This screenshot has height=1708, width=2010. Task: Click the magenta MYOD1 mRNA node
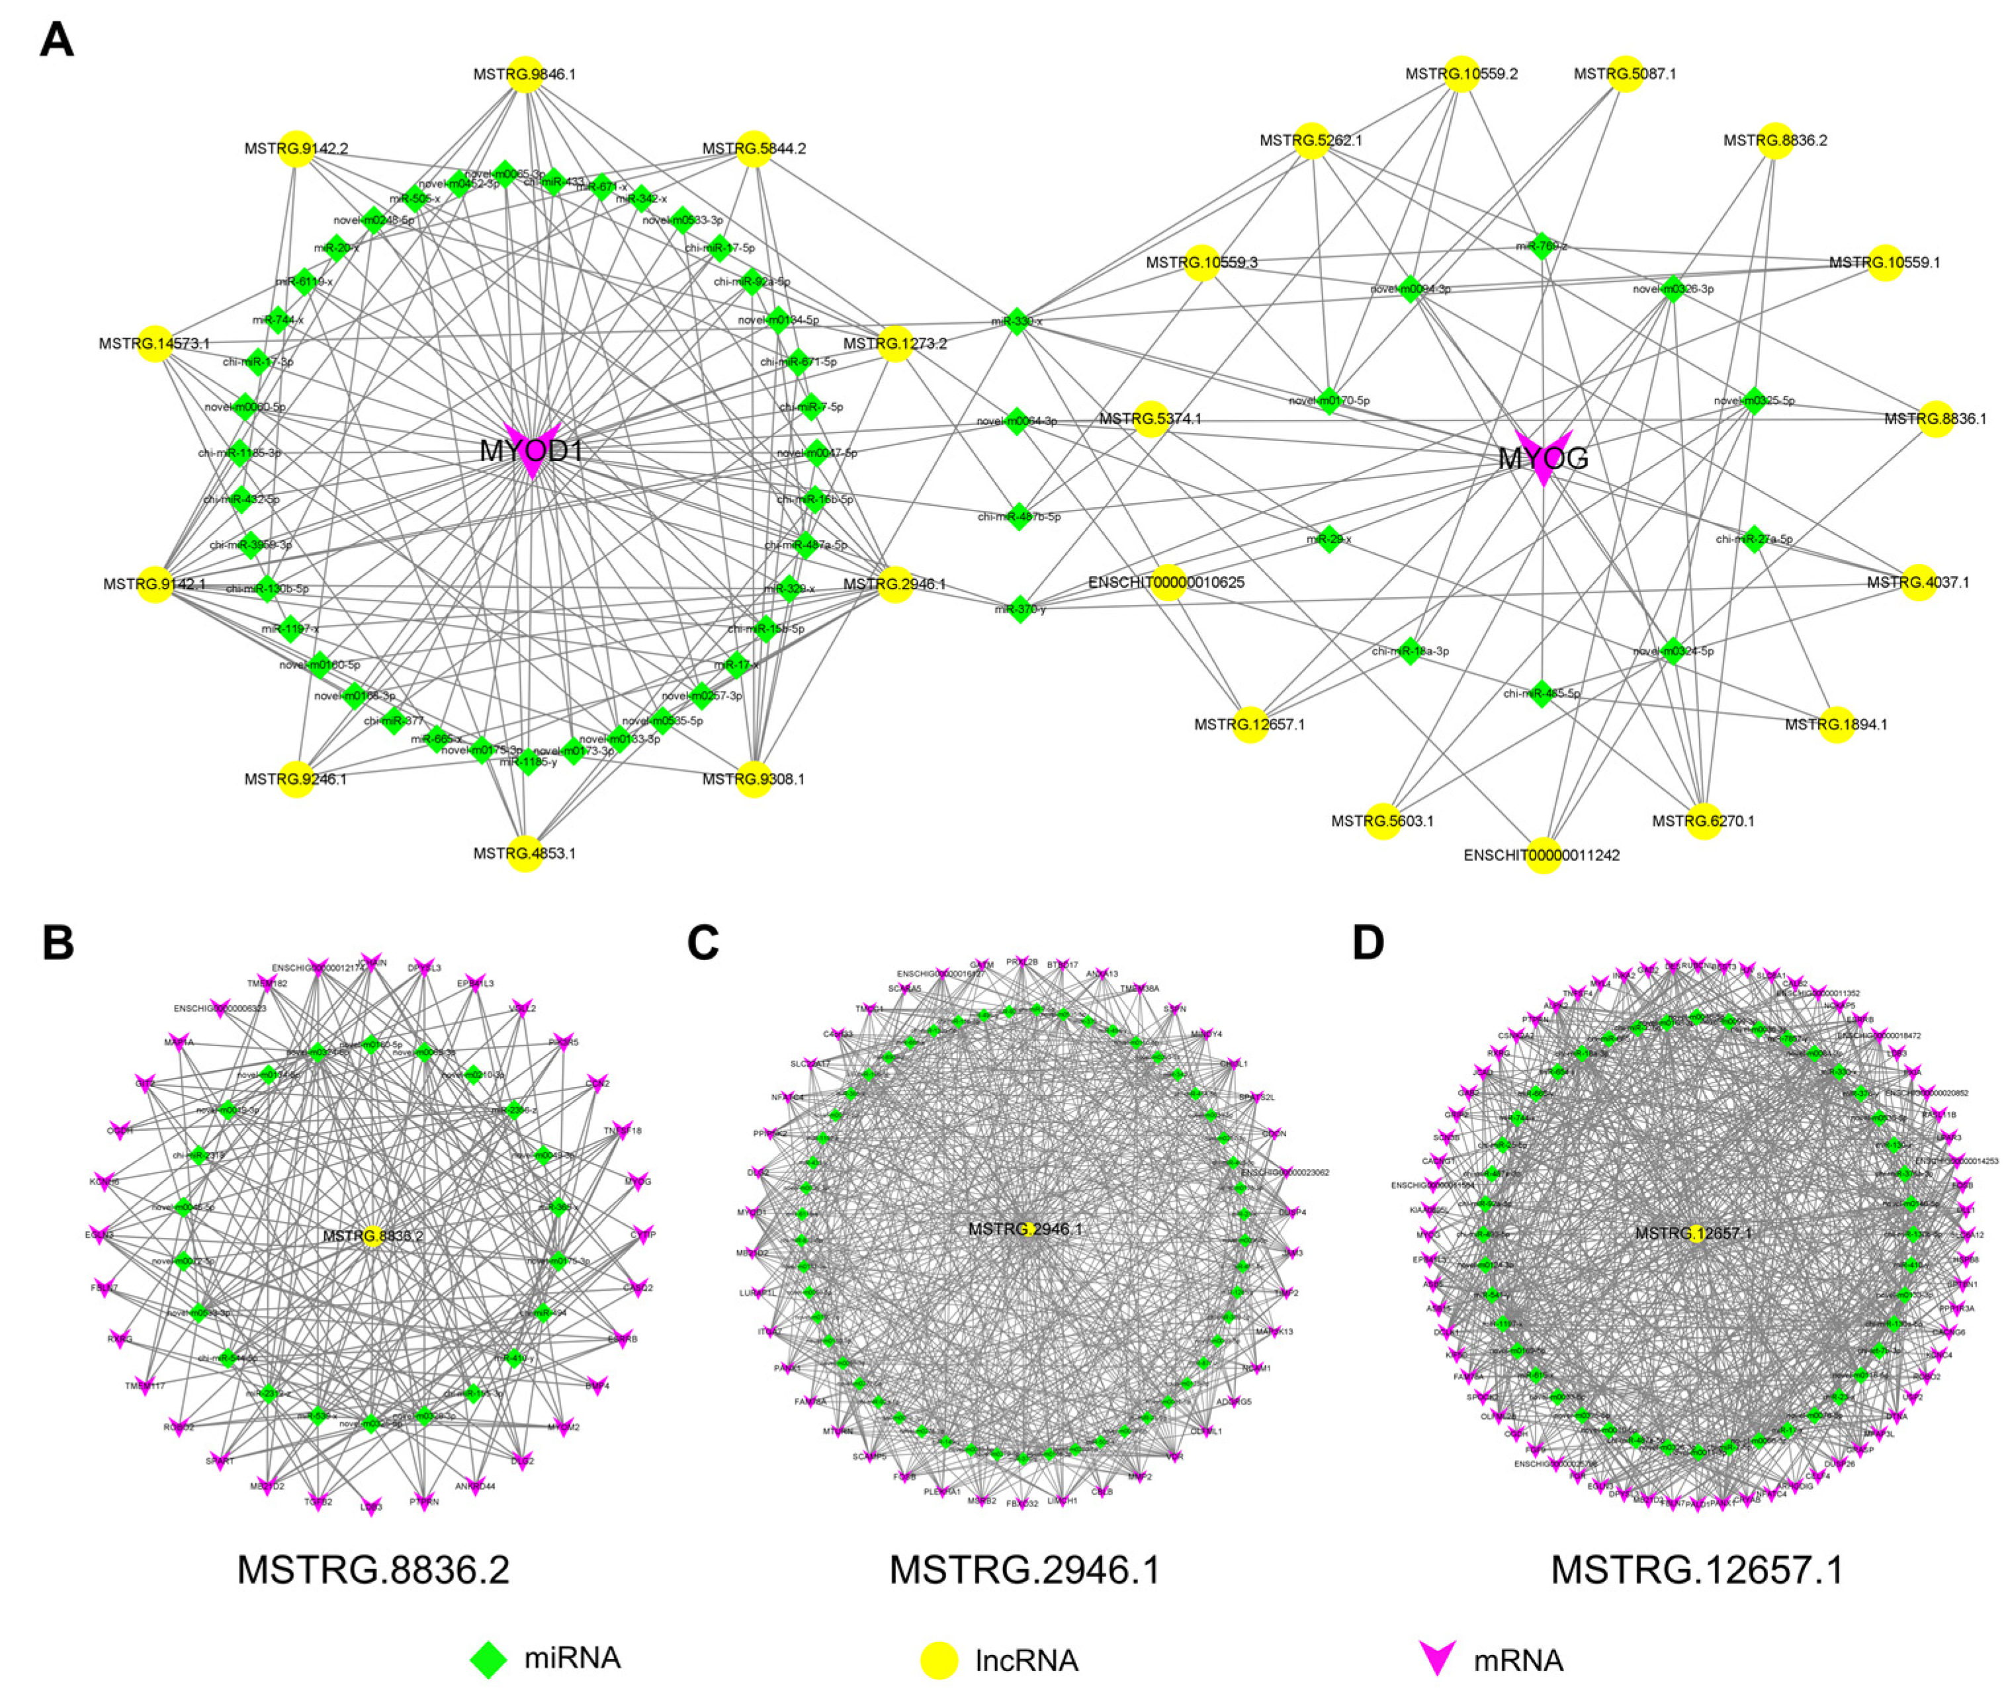[x=532, y=450]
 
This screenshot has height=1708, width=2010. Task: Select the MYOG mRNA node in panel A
[x=1542, y=458]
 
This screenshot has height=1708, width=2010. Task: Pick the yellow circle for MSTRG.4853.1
[x=524, y=853]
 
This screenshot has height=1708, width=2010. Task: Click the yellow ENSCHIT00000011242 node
[x=1542, y=855]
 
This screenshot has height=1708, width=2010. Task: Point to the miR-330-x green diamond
[x=1016, y=321]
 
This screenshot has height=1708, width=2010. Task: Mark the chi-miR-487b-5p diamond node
[x=1019, y=516]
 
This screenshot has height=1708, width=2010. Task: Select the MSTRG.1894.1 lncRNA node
[x=1835, y=724]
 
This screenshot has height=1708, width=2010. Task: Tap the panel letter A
[x=57, y=41]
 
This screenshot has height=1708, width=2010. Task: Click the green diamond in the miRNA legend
[x=489, y=1658]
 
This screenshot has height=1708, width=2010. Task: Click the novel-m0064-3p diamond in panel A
[x=1015, y=421]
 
